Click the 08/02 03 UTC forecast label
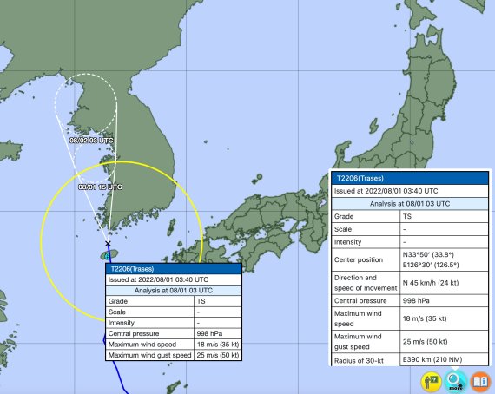91,140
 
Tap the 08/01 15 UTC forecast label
100,187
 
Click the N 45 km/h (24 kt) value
436,281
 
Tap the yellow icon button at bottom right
431,380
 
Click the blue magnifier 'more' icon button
456,380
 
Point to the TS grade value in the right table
407,215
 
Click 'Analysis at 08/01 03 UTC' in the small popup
172,291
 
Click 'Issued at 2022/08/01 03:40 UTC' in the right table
386,190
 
